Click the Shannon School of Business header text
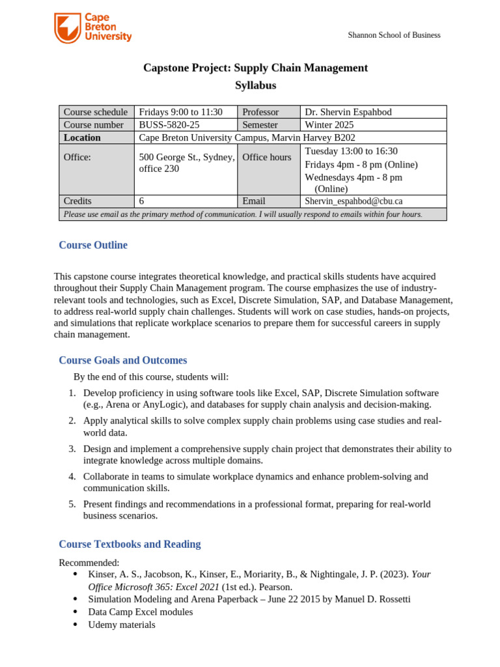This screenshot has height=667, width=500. point(394,35)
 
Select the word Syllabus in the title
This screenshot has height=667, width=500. point(255,85)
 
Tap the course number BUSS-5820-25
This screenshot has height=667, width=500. point(169,124)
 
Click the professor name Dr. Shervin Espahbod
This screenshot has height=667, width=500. point(348,112)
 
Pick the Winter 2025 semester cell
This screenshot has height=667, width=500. point(329,124)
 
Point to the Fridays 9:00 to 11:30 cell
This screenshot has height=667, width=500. point(181,112)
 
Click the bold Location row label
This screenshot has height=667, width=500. point(82,137)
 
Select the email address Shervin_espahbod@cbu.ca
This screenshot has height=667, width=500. point(354,201)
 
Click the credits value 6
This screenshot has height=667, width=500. point(142,201)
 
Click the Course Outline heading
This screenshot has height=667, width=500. point(93,245)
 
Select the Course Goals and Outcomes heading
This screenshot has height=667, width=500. point(122,360)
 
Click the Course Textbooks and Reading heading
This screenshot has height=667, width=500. point(130,544)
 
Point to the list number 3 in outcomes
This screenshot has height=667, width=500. point(72,449)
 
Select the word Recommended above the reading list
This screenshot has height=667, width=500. point(89,562)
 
